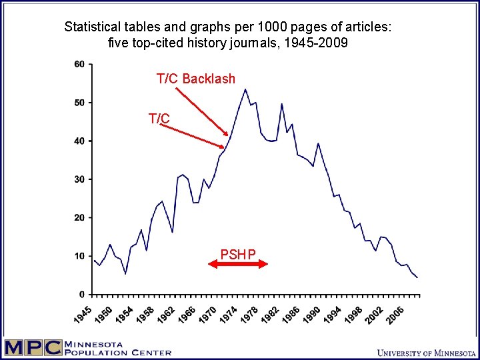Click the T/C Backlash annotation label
195,79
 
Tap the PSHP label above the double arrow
238,254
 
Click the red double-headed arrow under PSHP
238,264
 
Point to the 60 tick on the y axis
79,64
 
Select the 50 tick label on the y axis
79,103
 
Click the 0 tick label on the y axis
82,294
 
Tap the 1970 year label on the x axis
209,312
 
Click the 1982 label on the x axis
270,312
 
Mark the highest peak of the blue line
245,89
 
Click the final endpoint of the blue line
417,277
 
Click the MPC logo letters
31,348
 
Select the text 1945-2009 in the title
317,43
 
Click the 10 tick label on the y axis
79,256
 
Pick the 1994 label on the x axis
334,312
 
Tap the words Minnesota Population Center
117,348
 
